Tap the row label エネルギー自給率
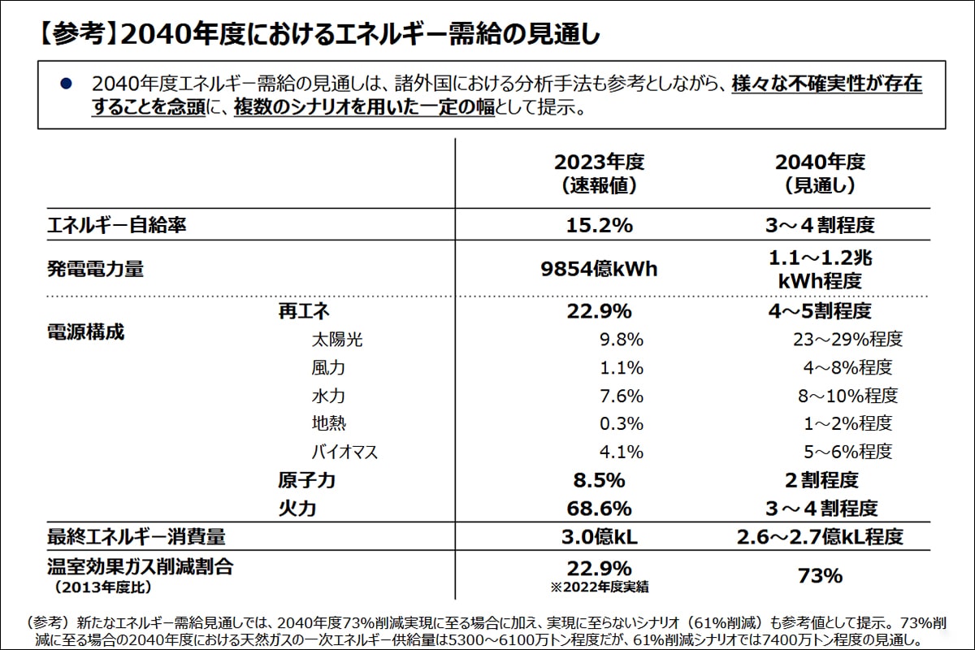(116, 225)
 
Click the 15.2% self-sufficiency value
(599, 225)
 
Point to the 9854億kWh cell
(599, 269)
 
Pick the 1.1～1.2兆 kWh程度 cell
(820, 269)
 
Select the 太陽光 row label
(336, 339)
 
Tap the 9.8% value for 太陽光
(622, 339)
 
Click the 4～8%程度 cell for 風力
(847, 367)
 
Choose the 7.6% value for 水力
(622, 396)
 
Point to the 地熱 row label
(328, 423)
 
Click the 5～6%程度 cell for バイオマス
(847, 451)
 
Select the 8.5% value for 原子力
(599, 480)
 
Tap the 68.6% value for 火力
(599, 509)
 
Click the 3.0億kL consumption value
(599, 536)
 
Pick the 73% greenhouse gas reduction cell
(820, 576)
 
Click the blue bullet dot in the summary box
(67, 84)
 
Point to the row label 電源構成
(84, 332)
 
